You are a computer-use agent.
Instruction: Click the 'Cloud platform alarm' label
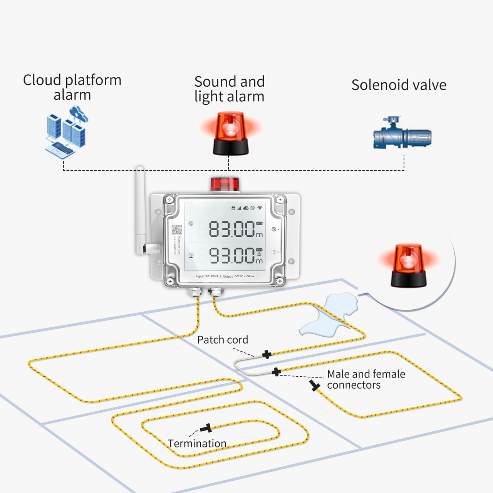pos(72,87)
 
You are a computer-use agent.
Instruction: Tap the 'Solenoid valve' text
pos(399,85)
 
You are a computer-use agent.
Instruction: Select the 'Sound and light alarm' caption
pos(229,89)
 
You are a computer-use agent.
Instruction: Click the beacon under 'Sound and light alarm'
pos(230,133)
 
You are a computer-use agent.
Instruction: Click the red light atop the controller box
pos(225,184)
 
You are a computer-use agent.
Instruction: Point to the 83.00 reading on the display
pos(231,229)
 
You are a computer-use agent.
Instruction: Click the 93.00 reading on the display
pos(231,255)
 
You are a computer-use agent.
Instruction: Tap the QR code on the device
pos(177,230)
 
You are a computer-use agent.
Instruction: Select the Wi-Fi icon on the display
pos(260,208)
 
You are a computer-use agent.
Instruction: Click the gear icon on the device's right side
pos(273,229)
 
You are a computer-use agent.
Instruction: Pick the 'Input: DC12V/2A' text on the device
pos(207,276)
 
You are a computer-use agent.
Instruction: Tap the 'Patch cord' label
pos(223,340)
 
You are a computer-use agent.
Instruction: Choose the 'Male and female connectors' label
pos(366,379)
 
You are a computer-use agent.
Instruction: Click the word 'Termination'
pos(197,443)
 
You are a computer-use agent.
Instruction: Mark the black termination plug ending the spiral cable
pos(206,428)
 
